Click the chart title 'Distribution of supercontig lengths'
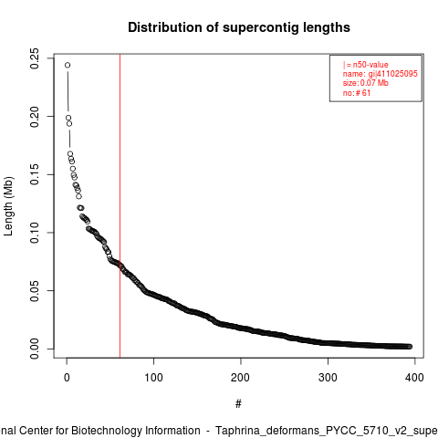(x=239, y=27)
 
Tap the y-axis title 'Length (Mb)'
(x=8, y=206)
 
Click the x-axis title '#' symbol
(x=238, y=404)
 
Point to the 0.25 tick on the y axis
(x=35, y=58)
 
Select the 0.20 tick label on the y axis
(x=35, y=117)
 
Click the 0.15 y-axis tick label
(x=35, y=174)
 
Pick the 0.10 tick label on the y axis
(x=35, y=233)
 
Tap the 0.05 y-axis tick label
(x=35, y=291)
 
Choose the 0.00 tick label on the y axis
(x=35, y=349)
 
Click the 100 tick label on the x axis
(x=153, y=378)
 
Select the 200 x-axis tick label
(x=240, y=378)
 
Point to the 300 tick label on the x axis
(x=328, y=378)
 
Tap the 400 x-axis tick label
(x=414, y=378)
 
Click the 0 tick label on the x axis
(x=67, y=378)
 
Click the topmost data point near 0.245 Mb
(x=68, y=65)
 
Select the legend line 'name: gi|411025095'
(x=381, y=74)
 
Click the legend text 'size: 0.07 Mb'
(x=366, y=83)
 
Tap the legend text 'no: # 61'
(x=357, y=92)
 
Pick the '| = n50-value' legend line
(x=366, y=65)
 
